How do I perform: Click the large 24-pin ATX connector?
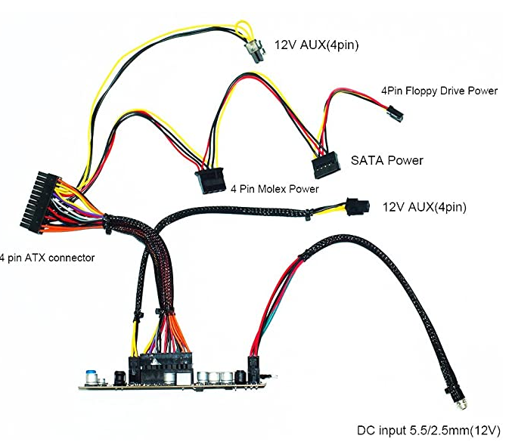point(40,202)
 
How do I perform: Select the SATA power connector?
point(326,165)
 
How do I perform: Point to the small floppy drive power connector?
point(395,114)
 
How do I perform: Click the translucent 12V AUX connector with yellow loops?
point(255,51)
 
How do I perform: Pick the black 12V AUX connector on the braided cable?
point(358,206)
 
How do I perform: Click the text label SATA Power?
point(387,160)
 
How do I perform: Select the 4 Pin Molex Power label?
point(275,189)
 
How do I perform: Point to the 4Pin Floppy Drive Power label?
point(439,91)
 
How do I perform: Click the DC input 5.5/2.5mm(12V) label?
point(428,431)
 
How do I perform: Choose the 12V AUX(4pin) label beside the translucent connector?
point(316,45)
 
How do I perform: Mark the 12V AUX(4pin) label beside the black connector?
point(424,207)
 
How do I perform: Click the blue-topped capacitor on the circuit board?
point(89,378)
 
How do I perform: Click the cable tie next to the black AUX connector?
point(308,215)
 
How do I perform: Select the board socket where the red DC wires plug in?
point(253,369)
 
